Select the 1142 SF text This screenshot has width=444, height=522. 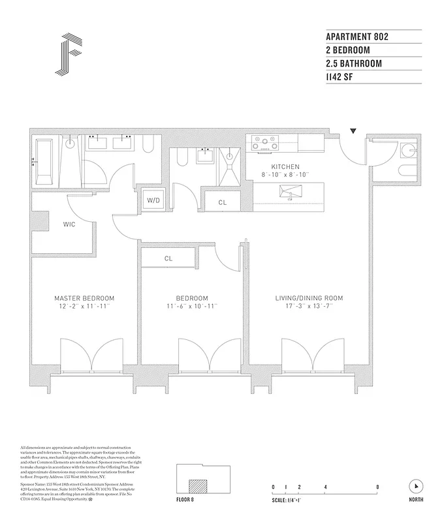click(343, 78)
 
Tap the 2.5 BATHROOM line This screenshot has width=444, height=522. click(353, 64)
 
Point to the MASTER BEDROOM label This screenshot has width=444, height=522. click(84, 298)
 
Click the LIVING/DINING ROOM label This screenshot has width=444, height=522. click(309, 298)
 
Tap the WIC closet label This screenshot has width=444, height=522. click(70, 224)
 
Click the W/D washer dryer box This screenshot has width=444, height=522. click(153, 200)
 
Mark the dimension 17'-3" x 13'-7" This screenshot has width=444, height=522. click(309, 306)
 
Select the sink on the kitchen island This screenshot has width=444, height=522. click(287, 193)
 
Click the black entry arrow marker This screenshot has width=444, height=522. click(353, 131)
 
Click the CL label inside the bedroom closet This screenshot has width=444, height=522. click(168, 258)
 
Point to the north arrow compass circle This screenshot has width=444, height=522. click(415, 486)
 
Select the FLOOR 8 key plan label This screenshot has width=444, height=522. click(186, 499)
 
